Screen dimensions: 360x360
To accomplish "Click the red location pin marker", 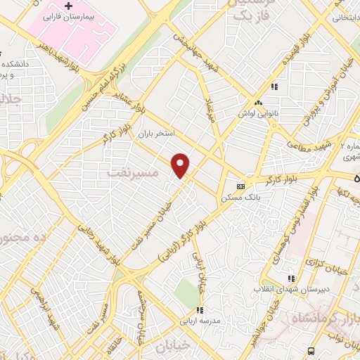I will [x=181, y=166].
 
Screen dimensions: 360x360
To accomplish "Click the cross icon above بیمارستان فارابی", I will [x=67, y=6].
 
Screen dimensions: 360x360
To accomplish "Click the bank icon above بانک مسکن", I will [x=241, y=187].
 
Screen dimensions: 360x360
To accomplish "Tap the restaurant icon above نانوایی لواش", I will [x=276, y=87].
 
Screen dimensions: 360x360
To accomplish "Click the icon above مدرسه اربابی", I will [x=199, y=309].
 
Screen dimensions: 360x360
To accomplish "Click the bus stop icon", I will [x=309, y=349].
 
